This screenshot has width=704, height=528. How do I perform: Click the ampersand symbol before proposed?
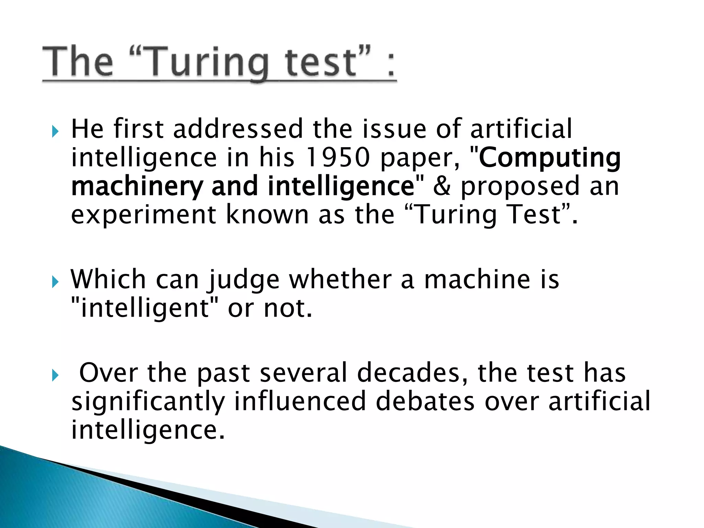click(442, 186)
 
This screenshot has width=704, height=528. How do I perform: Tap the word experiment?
click(144, 215)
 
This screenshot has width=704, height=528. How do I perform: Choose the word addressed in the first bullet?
click(238, 129)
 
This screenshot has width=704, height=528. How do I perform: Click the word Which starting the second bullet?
click(109, 279)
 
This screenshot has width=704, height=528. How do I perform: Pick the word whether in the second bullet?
click(340, 279)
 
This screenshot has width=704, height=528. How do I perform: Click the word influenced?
click(300, 401)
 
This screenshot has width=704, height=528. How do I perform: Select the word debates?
click(425, 401)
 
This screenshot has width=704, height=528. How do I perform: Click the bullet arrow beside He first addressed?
click(55, 131)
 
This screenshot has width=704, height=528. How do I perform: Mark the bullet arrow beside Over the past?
click(55, 375)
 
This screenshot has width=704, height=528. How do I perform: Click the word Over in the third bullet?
click(109, 373)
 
